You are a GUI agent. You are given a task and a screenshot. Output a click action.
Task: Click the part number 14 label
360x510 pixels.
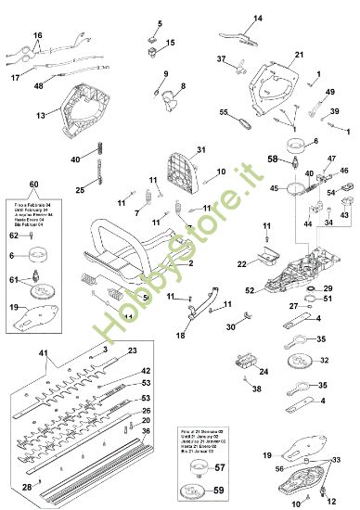(x=258, y=18)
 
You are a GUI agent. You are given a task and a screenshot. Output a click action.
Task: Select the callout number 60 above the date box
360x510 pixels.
(x=34, y=184)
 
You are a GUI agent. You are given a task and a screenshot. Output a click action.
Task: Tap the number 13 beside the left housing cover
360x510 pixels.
(x=41, y=116)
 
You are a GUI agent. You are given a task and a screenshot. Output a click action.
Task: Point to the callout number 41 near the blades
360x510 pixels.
(x=42, y=353)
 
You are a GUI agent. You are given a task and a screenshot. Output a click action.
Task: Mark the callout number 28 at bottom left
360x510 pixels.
(x=27, y=486)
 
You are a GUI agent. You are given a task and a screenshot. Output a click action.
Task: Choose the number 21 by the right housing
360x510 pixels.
(x=299, y=56)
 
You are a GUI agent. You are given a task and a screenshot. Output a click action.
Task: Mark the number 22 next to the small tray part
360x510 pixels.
(x=241, y=264)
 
